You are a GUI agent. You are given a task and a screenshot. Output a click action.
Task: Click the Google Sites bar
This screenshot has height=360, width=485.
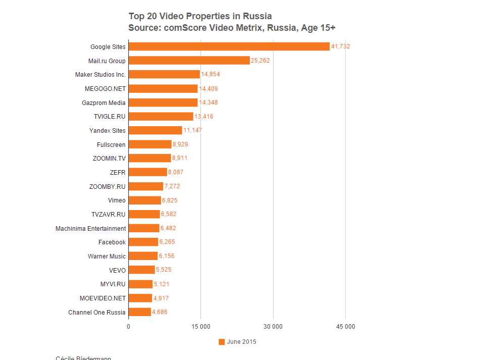click(229, 46)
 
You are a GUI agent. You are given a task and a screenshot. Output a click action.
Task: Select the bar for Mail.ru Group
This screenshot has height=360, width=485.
click(189, 61)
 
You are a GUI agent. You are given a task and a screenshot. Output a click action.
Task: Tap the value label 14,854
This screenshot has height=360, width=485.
click(210, 75)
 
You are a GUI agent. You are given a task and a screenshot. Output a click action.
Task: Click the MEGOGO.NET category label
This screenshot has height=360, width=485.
click(105, 88)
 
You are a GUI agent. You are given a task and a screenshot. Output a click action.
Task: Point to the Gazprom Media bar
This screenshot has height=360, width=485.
click(163, 102)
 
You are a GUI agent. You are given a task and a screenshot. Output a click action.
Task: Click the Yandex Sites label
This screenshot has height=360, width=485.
click(107, 130)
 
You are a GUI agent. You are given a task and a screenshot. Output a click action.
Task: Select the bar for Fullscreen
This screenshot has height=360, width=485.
click(150, 144)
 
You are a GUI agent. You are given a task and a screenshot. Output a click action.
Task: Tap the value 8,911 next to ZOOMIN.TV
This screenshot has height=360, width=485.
click(180, 159)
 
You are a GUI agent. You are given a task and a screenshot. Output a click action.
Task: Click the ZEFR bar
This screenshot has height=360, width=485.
click(147, 172)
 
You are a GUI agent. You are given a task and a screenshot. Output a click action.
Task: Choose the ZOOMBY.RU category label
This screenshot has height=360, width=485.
click(107, 186)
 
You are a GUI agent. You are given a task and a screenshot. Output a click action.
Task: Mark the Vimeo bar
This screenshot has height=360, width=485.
click(145, 200)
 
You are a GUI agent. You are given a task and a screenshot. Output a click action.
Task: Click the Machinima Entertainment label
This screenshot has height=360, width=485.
click(91, 228)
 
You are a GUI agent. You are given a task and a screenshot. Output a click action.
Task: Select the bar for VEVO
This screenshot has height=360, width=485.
click(142, 270)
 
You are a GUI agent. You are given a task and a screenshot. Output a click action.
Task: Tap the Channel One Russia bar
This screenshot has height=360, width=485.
click(140, 312)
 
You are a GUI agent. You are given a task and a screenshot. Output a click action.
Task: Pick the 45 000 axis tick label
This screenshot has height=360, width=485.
click(346, 327)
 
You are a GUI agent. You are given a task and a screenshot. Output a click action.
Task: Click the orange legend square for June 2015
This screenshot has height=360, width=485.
click(222, 342)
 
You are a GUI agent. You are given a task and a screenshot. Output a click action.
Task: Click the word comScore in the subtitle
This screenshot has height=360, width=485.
click(182, 28)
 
